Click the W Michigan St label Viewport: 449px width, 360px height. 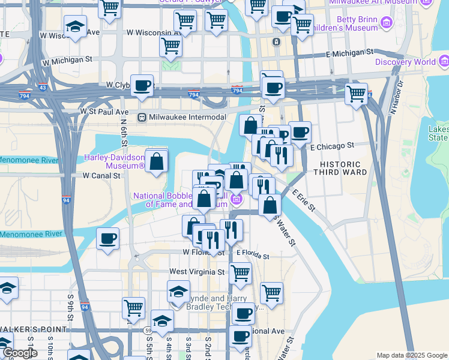click(x=67, y=60)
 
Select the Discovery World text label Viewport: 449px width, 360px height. click(x=405, y=62)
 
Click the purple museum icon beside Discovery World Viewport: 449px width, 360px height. click(x=444, y=61)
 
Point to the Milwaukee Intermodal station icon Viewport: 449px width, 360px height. click(x=142, y=117)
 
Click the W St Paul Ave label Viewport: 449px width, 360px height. click(x=104, y=112)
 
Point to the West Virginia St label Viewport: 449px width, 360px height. click(x=196, y=272)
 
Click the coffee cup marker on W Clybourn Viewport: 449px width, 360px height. click(x=142, y=85)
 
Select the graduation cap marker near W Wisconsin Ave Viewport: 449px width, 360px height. click(x=75, y=27)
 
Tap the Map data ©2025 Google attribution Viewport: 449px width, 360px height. click(x=412, y=355)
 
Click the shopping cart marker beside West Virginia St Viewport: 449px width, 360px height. click(x=240, y=274)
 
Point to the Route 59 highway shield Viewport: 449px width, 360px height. click(x=147, y=330)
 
